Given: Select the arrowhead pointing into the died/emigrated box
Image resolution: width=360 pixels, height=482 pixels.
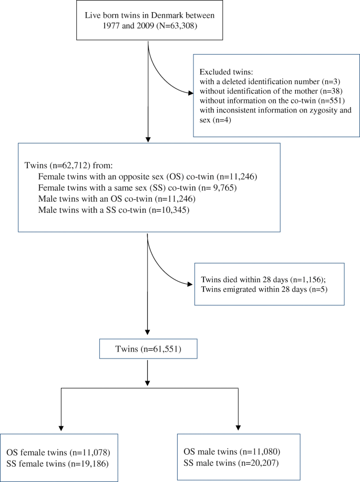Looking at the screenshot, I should [x=190, y=284].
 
